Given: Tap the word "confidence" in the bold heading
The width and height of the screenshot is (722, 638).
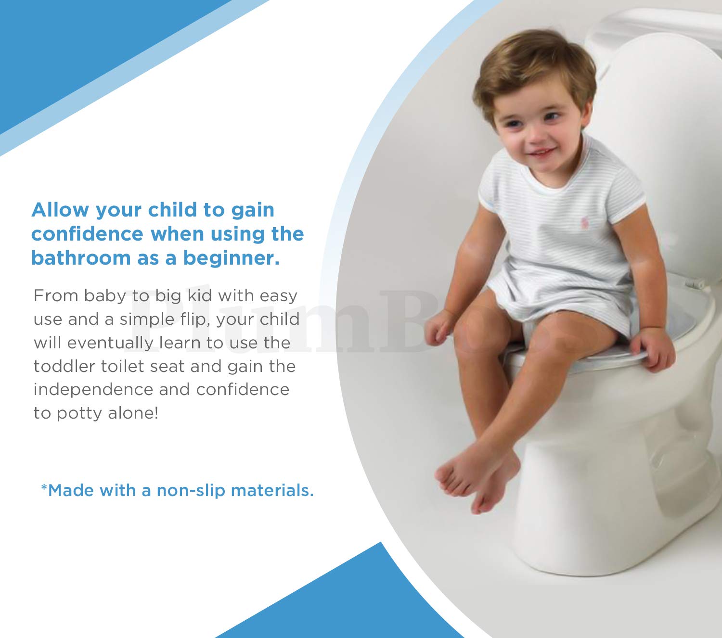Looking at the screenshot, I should click(87, 234).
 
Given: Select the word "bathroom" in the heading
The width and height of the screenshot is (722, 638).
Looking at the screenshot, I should click(80, 258).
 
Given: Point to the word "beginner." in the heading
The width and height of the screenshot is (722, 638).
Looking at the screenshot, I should click(231, 258).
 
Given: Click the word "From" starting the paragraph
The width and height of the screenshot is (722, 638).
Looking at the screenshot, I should click(55, 295).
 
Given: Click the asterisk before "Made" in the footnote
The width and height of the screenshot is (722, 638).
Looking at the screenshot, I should click(44, 489).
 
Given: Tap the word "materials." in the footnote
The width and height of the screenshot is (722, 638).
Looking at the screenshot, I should click(272, 491).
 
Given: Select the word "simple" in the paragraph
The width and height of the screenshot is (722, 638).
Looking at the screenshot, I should click(147, 319).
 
